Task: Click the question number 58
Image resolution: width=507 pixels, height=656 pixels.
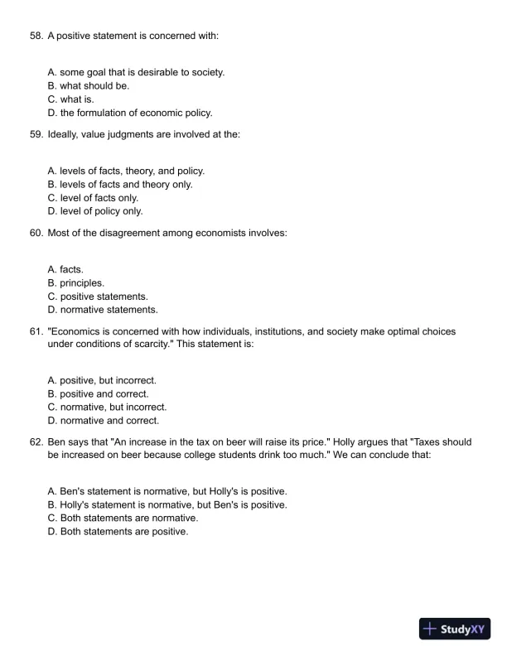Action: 36,36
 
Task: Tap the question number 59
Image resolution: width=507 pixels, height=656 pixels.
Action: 36,135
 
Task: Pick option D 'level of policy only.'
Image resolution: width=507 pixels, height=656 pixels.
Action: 95,211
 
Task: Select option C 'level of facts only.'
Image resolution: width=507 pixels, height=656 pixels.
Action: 93,198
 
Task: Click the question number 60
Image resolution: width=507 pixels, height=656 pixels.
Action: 36,234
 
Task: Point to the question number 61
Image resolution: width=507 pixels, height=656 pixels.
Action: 36,332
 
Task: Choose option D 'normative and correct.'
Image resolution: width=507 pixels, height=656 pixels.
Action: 103,421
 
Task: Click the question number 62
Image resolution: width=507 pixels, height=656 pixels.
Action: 36,443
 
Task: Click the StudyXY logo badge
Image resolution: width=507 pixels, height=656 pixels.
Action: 456,629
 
